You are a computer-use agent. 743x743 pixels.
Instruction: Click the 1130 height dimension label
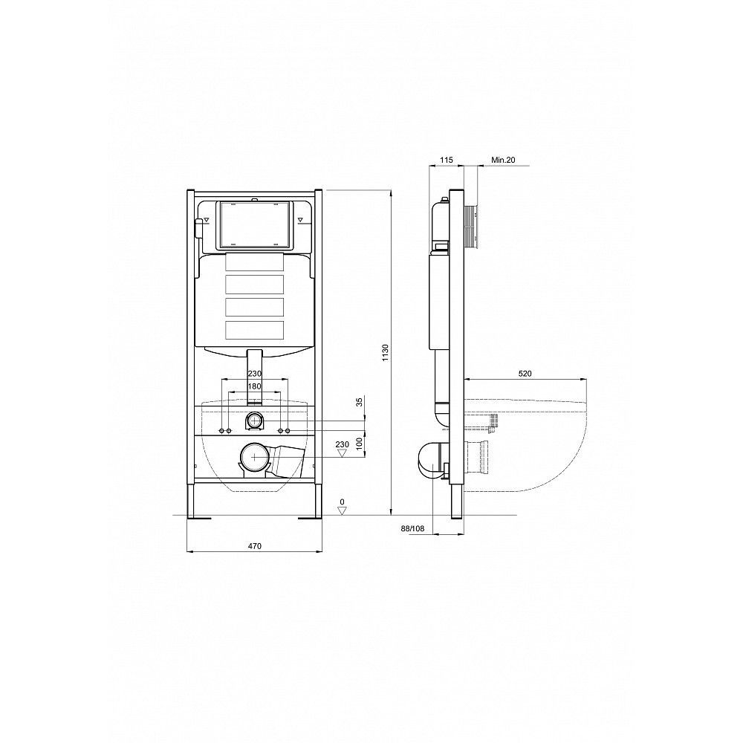[385, 353]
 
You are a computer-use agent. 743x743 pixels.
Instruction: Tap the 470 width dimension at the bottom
[254, 546]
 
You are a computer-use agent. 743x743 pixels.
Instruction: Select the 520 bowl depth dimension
[525, 374]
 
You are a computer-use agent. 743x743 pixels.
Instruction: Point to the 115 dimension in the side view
[447, 160]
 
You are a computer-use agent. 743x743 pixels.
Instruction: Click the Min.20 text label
[503, 160]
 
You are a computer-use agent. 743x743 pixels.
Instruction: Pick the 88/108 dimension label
[412, 528]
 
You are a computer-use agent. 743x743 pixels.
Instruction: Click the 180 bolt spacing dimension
[254, 386]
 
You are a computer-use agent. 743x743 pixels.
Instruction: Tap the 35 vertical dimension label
[359, 402]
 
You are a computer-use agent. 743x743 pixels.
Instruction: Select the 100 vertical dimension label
[359, 444]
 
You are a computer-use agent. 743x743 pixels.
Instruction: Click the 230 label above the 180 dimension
[254, 374]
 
